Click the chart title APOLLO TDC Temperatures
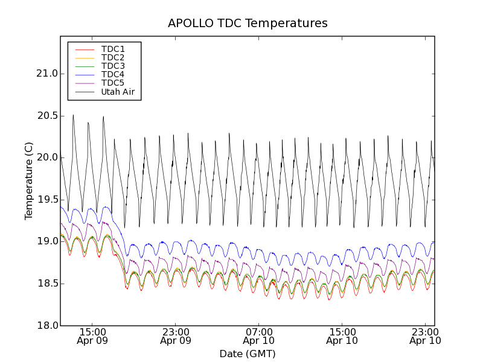(248, 24)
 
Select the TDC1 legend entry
(113, 49)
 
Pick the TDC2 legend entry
(113, 57)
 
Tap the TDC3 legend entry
(113, 66)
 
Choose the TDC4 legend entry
(113, 74)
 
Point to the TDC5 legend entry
(113, 83)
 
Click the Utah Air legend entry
(117, 92)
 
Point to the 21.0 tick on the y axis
(46, 74)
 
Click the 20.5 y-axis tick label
(46, 116)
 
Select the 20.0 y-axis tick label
(46, 157)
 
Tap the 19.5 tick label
(46, 200)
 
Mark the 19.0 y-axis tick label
(46, 241)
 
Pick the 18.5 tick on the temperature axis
(46, 284)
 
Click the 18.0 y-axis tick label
(46, 326)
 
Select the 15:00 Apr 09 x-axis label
(92, 336)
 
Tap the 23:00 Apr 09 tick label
(176, 336)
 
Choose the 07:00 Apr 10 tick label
(259, 336)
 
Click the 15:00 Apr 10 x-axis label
(342, 336)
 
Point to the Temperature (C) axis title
(29, 181)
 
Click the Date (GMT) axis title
(248, 354)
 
